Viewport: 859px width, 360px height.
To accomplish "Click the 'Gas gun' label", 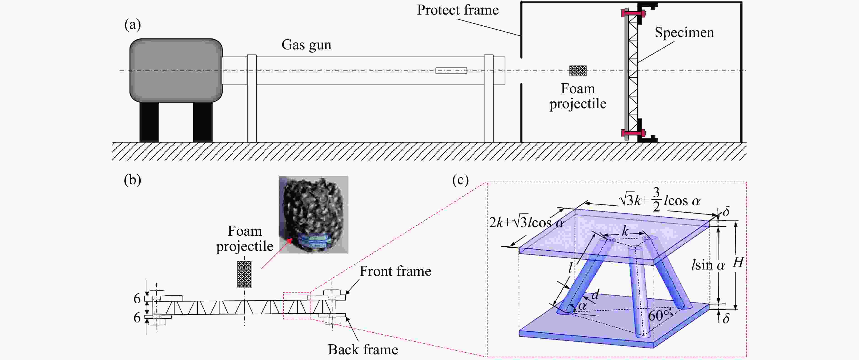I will pos(306,45).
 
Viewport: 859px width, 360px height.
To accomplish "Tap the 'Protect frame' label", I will pos(457,10).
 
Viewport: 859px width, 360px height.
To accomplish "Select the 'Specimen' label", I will pos(684,32).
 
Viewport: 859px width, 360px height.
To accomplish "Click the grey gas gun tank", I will pos(176,70).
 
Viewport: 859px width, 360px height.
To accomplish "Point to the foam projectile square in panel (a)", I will pos(578,71).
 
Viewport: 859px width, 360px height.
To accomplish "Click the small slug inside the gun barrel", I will pos(451,70).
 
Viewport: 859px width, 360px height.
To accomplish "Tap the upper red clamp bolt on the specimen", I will pos(633,13).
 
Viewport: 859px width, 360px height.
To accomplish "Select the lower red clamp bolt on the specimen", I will pos(633,133).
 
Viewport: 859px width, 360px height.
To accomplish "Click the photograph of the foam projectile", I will pos(313,214).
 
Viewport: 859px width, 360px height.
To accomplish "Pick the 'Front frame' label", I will pos(395,271).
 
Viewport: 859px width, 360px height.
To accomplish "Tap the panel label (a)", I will pos(132,25).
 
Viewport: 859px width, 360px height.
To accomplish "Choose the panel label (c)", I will pos(460,180).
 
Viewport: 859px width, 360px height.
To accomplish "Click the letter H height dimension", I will pos(738,263).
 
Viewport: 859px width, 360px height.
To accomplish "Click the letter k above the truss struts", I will pos(625,231).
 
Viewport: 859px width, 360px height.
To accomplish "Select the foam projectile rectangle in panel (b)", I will pos(244,274).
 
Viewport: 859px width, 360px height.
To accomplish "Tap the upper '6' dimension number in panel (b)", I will pos(137,299).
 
